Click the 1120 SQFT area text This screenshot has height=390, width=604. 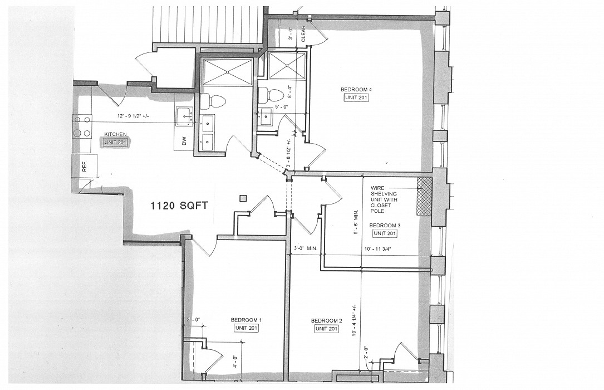(x=179, y=206)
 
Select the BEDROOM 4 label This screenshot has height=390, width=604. (x=356, y=89)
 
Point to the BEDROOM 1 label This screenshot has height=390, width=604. (x=246, y=320)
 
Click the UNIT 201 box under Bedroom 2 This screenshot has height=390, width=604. (x=326, y=329)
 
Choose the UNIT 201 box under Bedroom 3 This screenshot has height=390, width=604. (x=385, y=233)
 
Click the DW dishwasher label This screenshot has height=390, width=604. (x=184, y=142)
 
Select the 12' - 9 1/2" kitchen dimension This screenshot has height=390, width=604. (x=132, y=116)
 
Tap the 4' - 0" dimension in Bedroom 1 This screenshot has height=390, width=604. (x=235, y=363)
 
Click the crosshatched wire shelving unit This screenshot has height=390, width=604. (x=424, y=196)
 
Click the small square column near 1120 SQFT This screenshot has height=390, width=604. (x=243, y=198)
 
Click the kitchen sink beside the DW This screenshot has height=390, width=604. (x=184, y=116)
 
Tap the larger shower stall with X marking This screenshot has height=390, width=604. (x=227, y=71)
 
